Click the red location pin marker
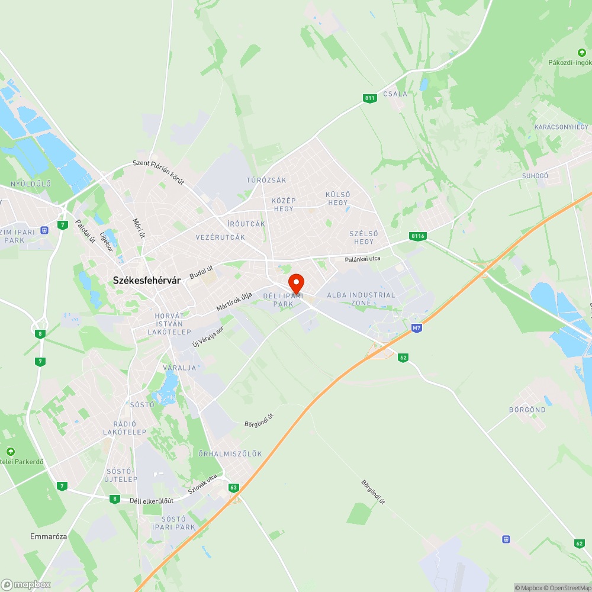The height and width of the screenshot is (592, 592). [x=296, y=283]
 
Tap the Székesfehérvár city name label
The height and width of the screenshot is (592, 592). [x=146, y=282]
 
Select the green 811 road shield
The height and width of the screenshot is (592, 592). [x=370, y=98]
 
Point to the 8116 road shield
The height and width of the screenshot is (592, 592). [x=417, y=236]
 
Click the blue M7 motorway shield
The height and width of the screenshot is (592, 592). [x=416, y=327]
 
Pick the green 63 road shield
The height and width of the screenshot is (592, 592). [x=234, y=488]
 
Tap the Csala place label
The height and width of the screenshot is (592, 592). [x=395, y=94]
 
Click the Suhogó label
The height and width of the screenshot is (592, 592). [x=535, y=176]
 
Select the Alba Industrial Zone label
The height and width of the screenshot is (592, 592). [x=361, y=299]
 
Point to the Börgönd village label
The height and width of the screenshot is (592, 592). [x=527, y=410]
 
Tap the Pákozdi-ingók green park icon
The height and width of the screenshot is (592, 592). [x=581, y=53]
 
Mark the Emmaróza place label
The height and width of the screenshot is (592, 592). [x=49, y=536]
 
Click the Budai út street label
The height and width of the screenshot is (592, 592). [x=201, y=272]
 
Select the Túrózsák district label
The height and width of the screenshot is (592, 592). [x=266, y=180]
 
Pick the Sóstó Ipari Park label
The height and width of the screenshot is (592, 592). [x=173, y=523]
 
